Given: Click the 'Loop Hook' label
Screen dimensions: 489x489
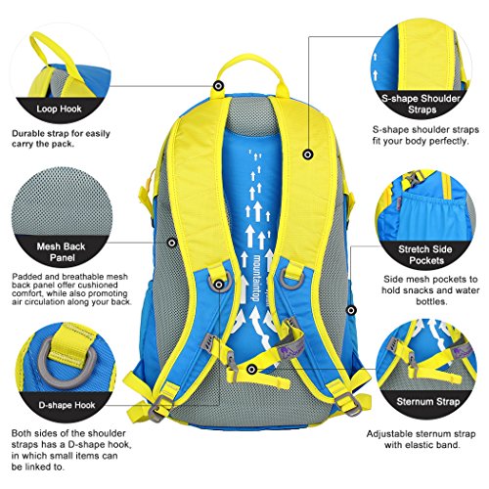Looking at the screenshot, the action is pyautogui.click(x=59, y=109).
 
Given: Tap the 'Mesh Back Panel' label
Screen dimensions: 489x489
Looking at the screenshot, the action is pyautogui.click(x=62, y=252).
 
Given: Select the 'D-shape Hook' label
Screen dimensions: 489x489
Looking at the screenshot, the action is pyautogui.click(x=67, y=405).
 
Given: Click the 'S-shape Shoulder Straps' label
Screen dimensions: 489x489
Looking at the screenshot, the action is pyautogui.click(x=422, y=104).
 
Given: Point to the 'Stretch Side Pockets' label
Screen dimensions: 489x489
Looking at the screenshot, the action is pyautogui.click(x=425, y=255).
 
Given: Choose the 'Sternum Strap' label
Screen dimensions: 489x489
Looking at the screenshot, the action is pyautogui.click(x=428, y=402).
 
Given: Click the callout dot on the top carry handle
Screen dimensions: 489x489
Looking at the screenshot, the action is pyautogui.click(x=218, y=86).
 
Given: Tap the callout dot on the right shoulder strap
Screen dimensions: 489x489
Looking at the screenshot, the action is pyautogui.click(x=308, y=155).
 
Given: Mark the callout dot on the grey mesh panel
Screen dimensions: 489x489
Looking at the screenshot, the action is pyautogui.click(x=172, y=243).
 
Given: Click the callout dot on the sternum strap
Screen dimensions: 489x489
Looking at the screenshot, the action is pyautogui.click(x=251, y=370).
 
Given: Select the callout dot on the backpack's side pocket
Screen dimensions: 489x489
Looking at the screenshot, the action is pyautogui.click(x=351, y=310).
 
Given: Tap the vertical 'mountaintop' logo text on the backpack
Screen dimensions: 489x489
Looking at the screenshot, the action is pyautogui.click(x=256, y=277).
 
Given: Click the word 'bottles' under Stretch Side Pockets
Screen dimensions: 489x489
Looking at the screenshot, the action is pyautogui.click(x=430, y=301).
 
